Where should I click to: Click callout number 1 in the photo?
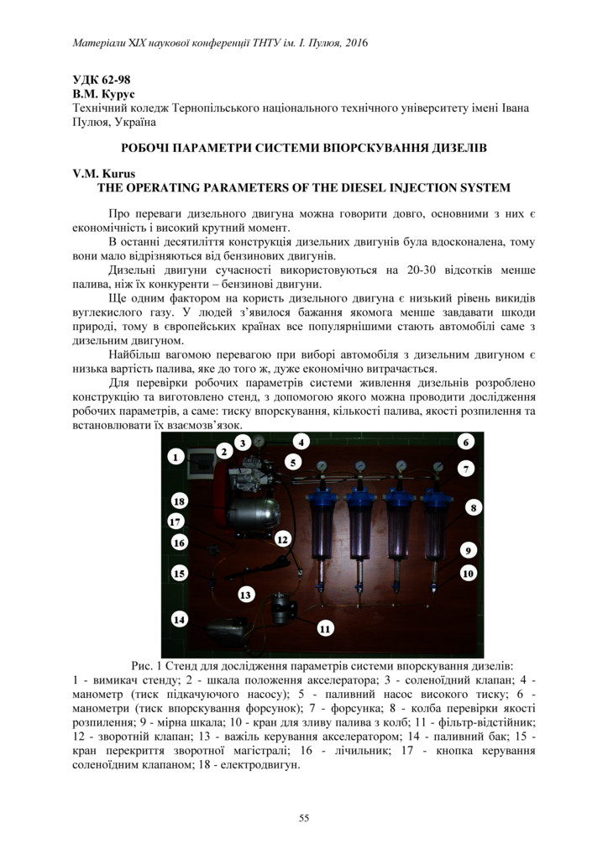[175, 457]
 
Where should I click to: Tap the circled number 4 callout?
[300, 441]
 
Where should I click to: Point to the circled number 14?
[178, 619]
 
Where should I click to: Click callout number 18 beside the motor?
[179, 501]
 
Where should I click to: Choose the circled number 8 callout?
[474, 507]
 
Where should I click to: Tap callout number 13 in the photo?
[245, 595]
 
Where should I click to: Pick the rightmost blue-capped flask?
[435, 527]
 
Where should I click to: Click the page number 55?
[304, 819]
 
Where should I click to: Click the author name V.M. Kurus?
[98, 174]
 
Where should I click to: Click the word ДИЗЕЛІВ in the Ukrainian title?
[454, 148]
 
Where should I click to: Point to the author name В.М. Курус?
[102, 95]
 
